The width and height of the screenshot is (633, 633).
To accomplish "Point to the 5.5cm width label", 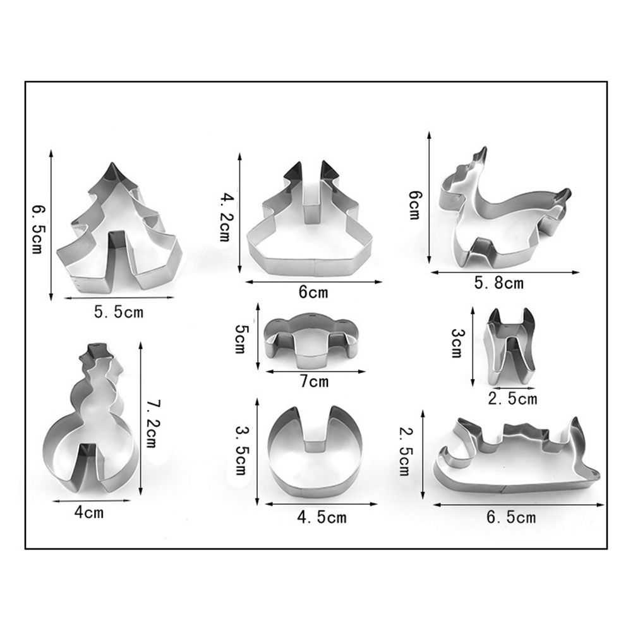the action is pos(119,312).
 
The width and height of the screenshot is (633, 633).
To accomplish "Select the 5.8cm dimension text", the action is pos(498,283).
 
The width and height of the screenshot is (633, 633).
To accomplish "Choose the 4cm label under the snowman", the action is pos(89,513).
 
